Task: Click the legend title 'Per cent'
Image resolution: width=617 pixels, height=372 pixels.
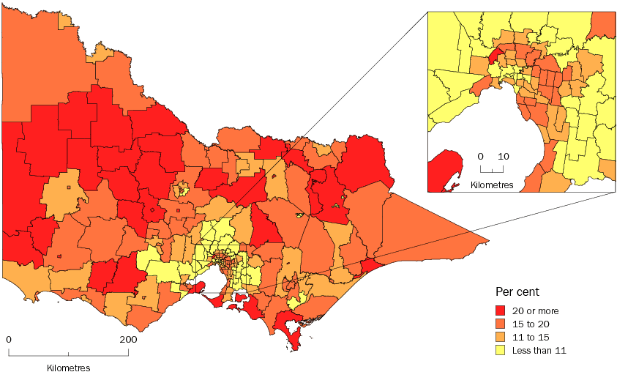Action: click(x=518, y=291)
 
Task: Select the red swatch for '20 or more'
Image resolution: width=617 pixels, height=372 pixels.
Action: click(x=501, y=310)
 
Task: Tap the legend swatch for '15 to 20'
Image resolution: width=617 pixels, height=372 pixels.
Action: click(x=501, y=323)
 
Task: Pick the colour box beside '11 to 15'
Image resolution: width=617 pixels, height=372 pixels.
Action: click(x=501, y=336)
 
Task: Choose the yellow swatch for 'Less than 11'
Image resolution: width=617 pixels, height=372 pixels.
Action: click(x=501, y=350)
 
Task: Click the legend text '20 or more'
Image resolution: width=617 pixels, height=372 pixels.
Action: click(x=535, y=310)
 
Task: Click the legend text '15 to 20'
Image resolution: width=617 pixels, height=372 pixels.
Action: click(x=530, y=323)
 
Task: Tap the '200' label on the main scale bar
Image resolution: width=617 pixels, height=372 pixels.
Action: click(x=127, y=340)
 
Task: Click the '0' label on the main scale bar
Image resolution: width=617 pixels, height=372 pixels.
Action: click(x=9, y=340)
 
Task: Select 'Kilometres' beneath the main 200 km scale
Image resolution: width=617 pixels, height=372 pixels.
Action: click(x=68, y=365)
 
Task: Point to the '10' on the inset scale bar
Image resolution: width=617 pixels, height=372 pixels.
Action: click(x=504, y=157)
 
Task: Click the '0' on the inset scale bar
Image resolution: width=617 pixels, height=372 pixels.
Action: click(x=481, y=157)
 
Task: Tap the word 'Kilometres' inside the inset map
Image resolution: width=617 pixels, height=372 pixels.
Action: click(x=492, y=183)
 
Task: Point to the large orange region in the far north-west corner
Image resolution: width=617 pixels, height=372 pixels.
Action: click(x=44, y=66)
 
